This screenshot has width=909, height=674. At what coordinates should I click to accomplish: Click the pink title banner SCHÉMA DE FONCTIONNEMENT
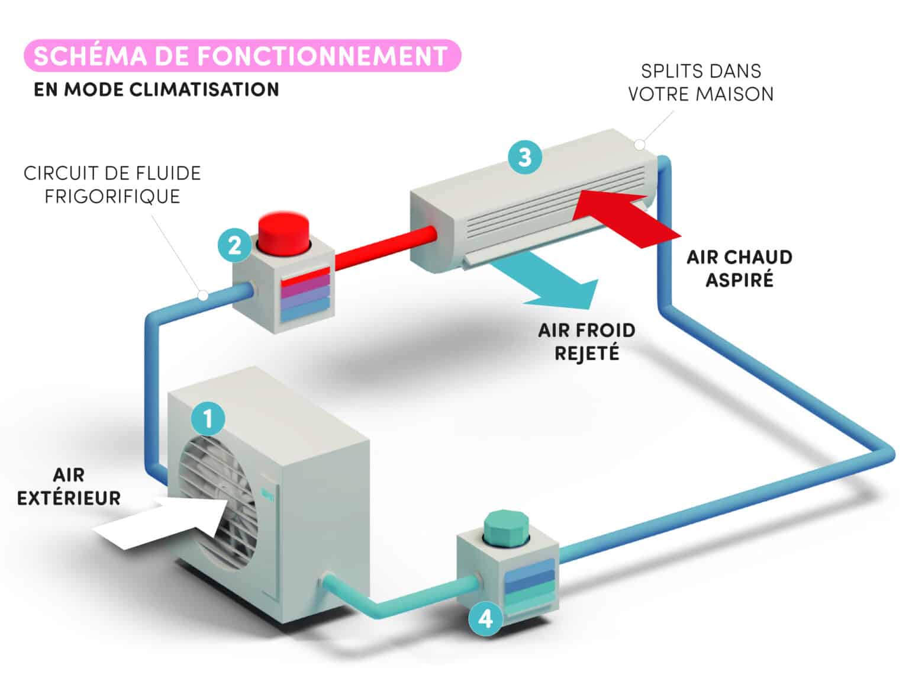241,56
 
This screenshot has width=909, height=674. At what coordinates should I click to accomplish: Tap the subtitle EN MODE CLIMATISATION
156,89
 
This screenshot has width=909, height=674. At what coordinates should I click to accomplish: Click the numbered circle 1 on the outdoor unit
208,419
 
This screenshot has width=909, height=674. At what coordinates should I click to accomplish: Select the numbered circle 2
234,244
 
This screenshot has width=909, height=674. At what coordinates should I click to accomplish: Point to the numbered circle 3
524,157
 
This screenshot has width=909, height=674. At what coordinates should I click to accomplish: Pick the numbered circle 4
485,618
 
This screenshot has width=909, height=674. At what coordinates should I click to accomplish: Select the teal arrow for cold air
550,284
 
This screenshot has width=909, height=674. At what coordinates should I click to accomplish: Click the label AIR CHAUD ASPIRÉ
739,268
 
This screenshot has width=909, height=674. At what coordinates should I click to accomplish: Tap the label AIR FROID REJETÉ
586,342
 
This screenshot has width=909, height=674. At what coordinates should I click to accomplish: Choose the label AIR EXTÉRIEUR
69,486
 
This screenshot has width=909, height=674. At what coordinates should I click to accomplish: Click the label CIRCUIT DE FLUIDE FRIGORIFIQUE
112,185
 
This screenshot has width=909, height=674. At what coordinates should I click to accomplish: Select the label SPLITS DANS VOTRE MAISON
701,82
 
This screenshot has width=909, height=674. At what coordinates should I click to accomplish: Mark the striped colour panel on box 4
529,583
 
